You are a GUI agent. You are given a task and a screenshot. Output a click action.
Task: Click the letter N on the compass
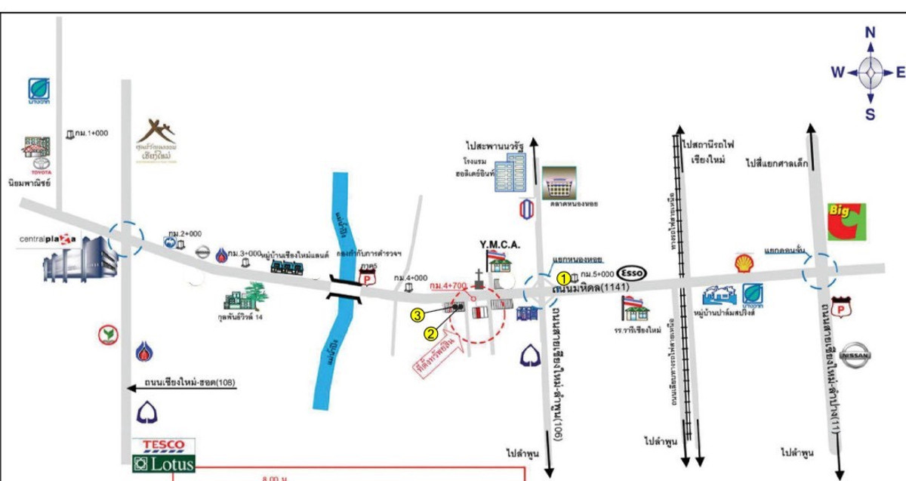871,32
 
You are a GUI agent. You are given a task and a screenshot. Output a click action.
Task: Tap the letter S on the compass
871,114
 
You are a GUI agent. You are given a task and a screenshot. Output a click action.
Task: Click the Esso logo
633,272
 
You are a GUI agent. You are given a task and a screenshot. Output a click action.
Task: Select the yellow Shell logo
744,263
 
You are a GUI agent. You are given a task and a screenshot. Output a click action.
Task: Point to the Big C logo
847,221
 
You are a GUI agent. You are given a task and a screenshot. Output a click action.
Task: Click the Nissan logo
855,356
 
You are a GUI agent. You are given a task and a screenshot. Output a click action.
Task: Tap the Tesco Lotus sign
163,456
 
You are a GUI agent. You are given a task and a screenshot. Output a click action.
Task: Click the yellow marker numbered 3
416,315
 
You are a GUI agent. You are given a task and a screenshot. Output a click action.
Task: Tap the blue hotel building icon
516,176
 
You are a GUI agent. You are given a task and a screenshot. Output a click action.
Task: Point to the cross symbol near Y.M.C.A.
479,276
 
